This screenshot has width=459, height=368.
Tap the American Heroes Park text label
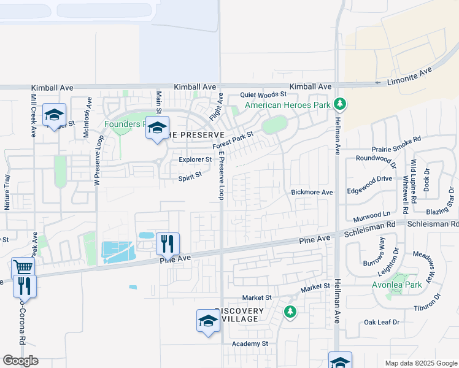(x=288, y=105)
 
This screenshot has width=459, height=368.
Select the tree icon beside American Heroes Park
(x=341, y=105)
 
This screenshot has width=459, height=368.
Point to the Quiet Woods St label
(x=263, y=94)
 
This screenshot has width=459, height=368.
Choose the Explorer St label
(x=195, y=159)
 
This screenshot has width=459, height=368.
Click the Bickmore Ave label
(x=312, y=192)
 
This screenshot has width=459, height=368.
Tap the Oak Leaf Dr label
(x=382, y=321)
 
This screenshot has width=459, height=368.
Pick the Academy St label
(x=250, y=344)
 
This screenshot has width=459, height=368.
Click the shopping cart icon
(x=23, y=267)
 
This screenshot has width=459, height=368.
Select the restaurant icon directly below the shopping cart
(x=25, y=285)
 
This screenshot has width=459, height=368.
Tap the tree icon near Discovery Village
(x=290, y=312)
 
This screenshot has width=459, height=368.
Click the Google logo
(x=20, y=361)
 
